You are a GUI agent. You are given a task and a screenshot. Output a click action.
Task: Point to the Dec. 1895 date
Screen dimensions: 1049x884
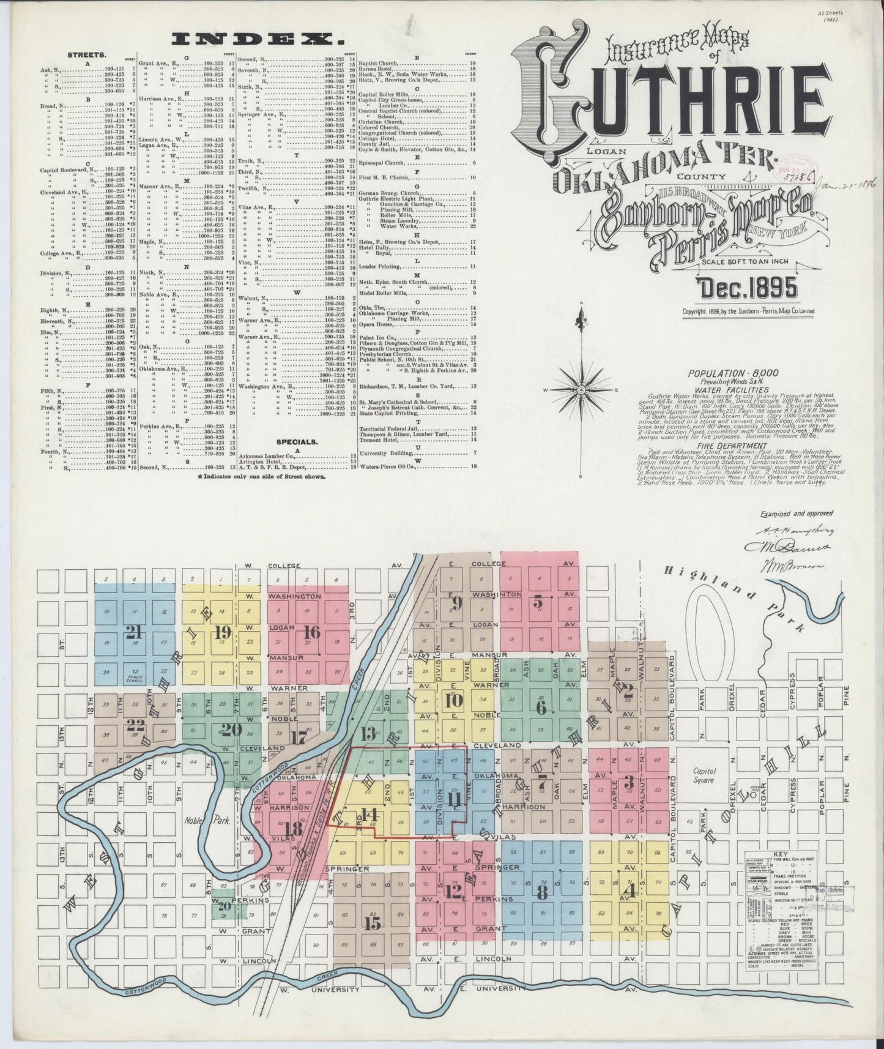pos(747,286)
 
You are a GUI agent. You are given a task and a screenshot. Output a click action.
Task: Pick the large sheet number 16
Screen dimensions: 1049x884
pos(311,632)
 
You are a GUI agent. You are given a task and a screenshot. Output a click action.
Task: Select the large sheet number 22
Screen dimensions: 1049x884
pos(134,726)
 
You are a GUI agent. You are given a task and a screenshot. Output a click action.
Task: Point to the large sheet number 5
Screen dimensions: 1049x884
pos(538,602)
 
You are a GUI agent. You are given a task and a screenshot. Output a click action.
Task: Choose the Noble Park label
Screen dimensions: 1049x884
pos(210,821)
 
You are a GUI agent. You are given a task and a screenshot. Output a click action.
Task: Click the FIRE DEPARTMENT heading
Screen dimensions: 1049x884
pos(725,447)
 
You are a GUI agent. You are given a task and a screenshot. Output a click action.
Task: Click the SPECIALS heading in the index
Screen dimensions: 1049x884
pos(297,441)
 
